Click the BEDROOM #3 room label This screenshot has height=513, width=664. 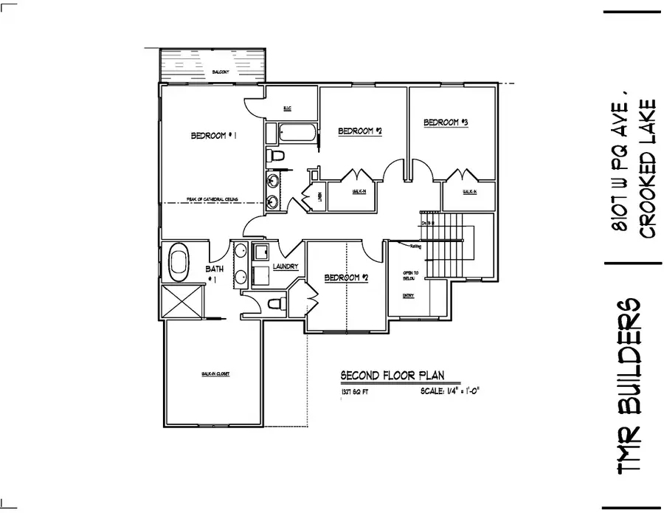(x=446, y=123)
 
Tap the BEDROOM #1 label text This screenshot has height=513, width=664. (x=212, y=135)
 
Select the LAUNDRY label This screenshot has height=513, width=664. (x=284, y=266)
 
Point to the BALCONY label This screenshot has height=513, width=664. (x=219, y=72)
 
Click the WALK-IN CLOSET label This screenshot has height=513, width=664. (x=215, y=374)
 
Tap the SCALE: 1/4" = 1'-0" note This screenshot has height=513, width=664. (x=455, y=392)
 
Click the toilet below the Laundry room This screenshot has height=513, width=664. (x=276, y=303)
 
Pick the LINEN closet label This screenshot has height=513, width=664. (x=319, y=196)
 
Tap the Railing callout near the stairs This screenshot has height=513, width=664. (x=415, y=248)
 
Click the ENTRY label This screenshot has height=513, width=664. (x=408, y=296)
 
